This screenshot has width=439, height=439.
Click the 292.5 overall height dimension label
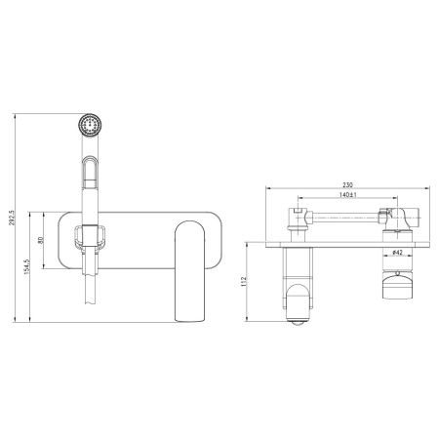(12, 218)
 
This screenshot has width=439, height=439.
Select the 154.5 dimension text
(27, 266)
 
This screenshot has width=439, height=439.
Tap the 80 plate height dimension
(41, 240)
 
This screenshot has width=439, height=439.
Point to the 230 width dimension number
(347, 184)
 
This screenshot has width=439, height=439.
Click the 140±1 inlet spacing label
(348, 195)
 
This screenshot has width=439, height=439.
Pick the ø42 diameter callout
(398, 252)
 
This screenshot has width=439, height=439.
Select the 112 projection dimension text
(244, 281)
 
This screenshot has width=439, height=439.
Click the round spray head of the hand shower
(90, 125)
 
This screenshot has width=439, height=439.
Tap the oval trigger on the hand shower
(90, 173)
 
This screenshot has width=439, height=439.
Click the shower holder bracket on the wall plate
(90, 236)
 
